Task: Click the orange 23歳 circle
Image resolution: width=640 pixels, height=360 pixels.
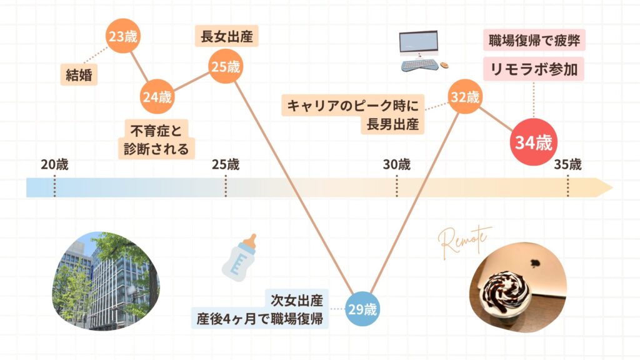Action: [122, 37]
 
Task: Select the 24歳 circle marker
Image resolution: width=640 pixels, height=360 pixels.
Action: [156, 97]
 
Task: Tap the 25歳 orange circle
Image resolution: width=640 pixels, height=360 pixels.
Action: [225, 67]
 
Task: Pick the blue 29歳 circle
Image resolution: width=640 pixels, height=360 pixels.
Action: [363, 309]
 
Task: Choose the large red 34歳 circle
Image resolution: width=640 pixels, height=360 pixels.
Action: [534, 142]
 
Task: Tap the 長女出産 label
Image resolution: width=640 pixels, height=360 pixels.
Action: [226, 36]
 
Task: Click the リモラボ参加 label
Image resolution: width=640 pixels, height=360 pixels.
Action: [535, 69]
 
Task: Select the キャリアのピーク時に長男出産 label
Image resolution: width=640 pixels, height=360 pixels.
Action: [354, 114]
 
